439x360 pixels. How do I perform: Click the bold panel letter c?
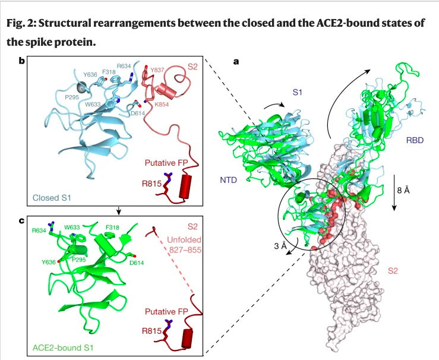click(x=22, y=221)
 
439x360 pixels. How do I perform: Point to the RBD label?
click(x=415, y=140)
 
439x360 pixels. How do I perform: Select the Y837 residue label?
click(x=157, y=70)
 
